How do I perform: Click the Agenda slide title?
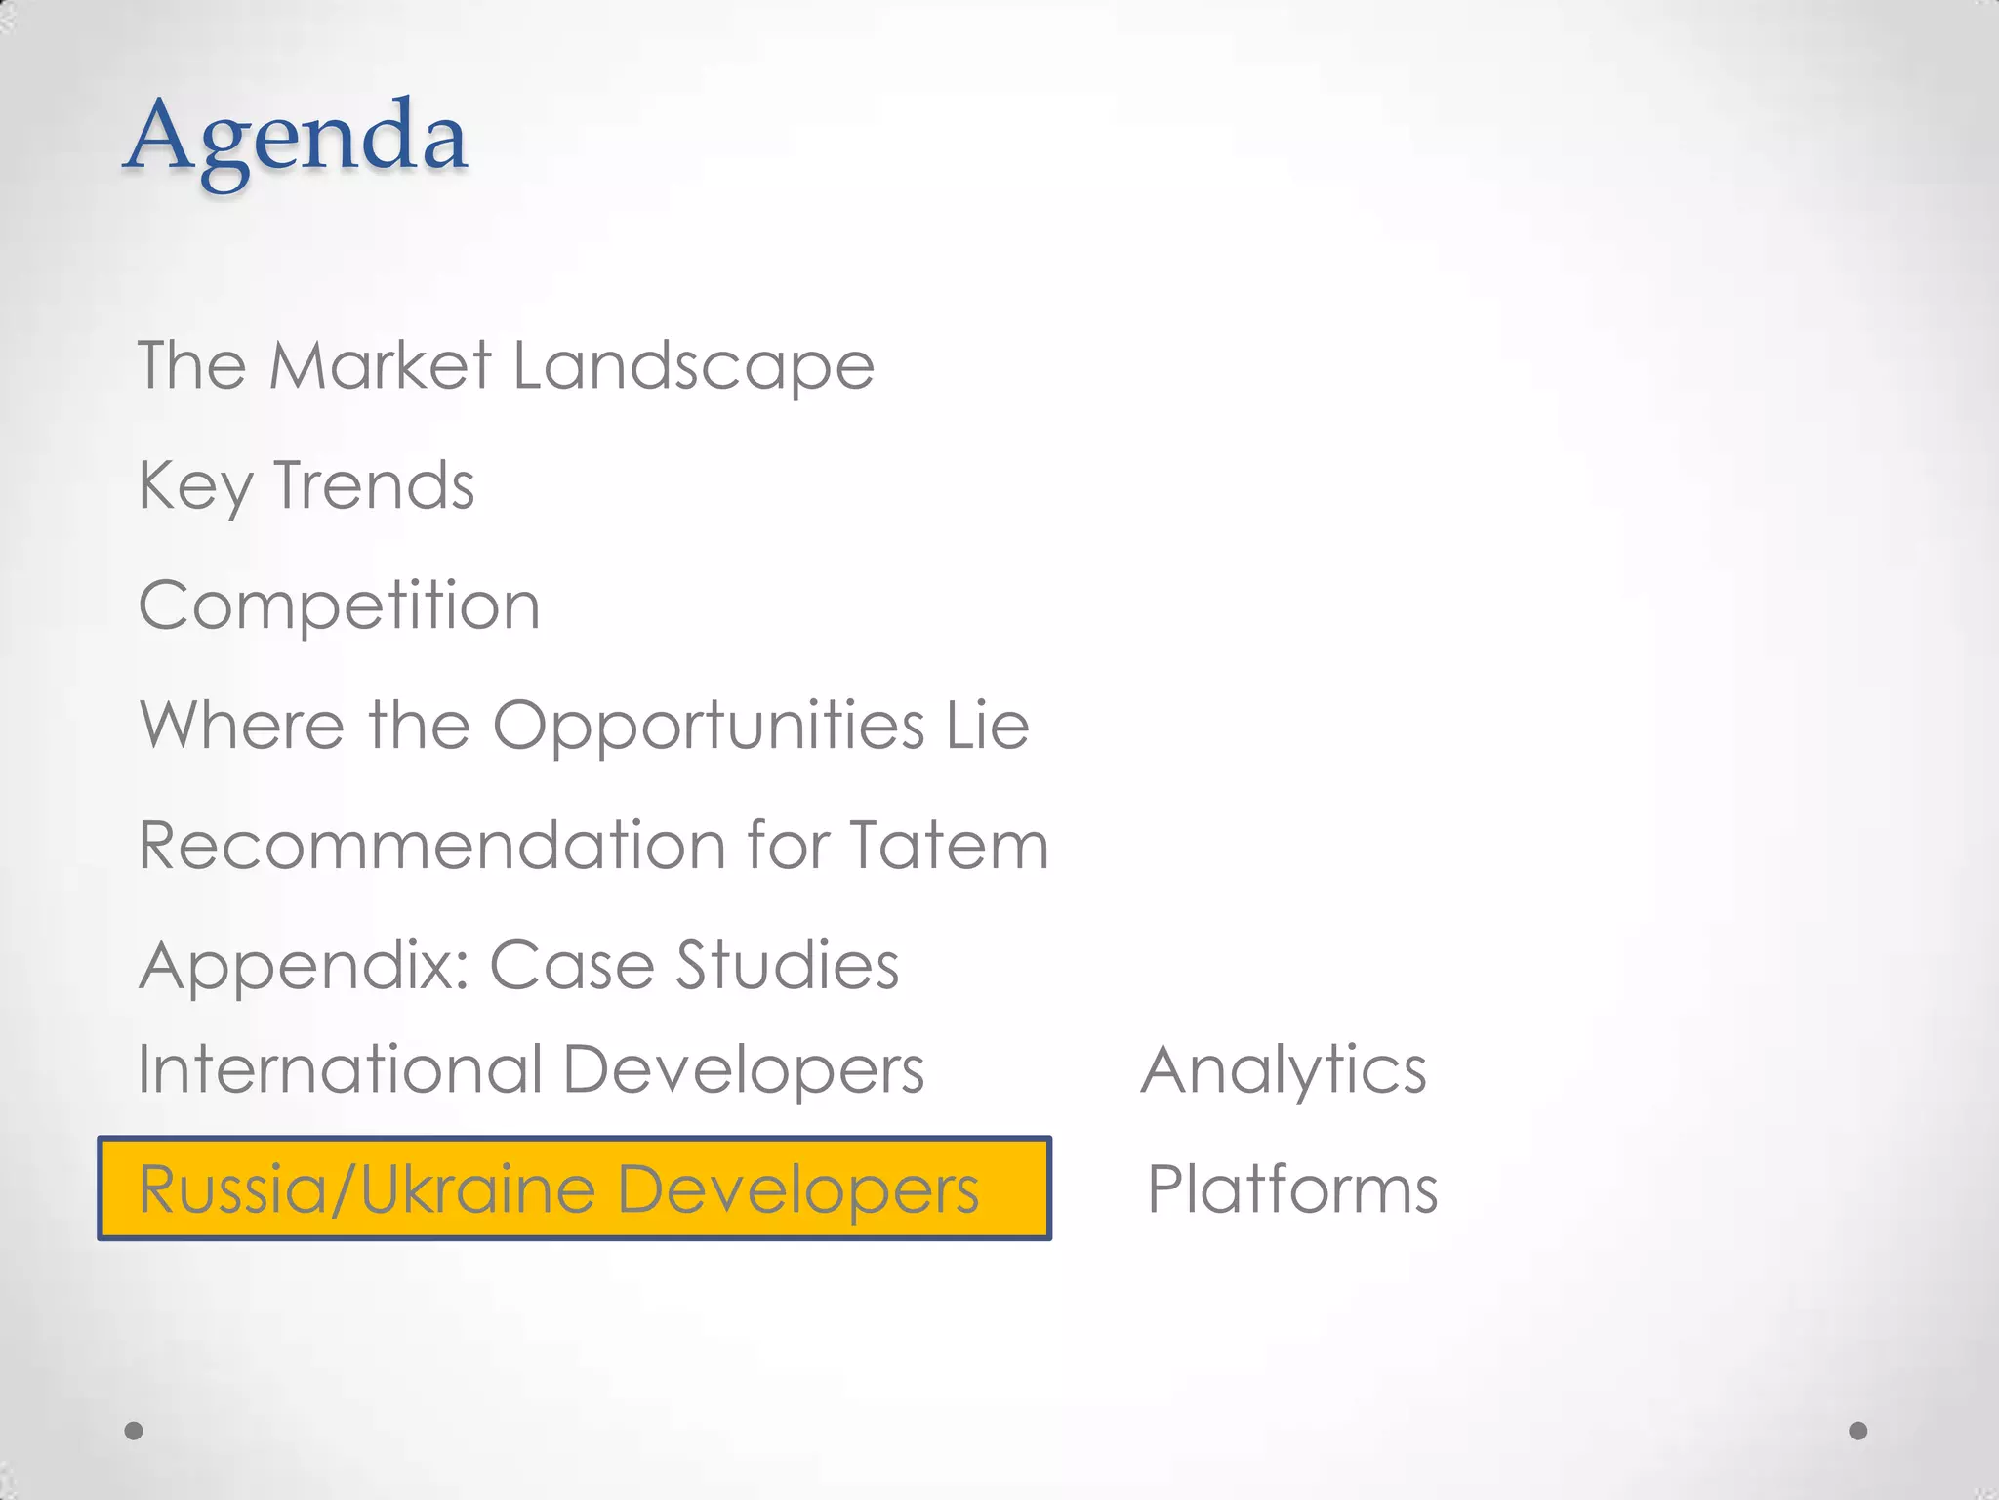point(296,139)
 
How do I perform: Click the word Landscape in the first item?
point(693,367)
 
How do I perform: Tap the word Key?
point(195,486)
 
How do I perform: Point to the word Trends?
point(374,485)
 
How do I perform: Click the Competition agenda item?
point(339,605)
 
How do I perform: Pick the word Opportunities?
point(709,728)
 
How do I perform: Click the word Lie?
point(987,726)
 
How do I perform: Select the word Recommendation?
point(431,845)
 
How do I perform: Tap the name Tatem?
point(949,845)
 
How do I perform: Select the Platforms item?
point(1292,1189)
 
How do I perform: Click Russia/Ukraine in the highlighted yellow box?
point(367,1189)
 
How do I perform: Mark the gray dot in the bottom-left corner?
point(134,1431)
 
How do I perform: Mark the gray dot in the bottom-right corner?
point(1858,1431)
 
